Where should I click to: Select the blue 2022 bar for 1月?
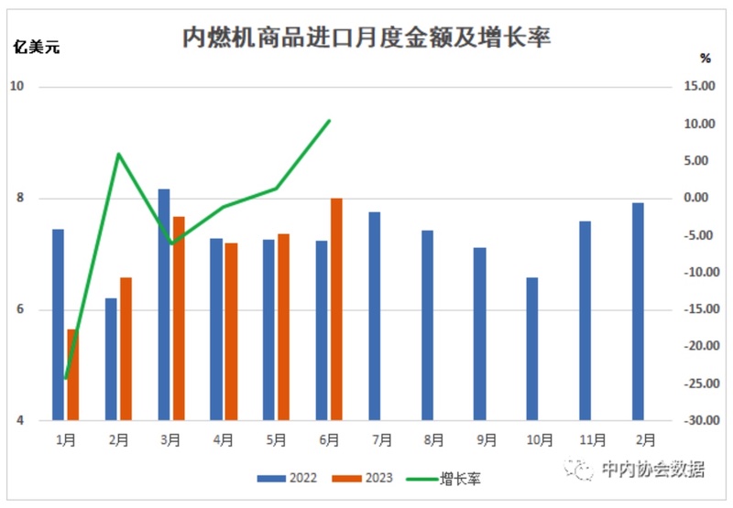[x=58, y=325]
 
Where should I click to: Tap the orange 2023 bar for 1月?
[x=72, y=374]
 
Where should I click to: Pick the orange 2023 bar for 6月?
[x=336, y=309]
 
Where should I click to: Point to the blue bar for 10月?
[x=531, y=349]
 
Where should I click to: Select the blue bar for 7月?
[x=374, y=316]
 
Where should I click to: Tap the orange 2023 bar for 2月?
[x=126, y=349]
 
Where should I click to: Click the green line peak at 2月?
[x=118, y=153]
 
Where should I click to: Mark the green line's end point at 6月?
[x=330, y=120]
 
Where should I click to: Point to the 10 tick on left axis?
[x=16, y=87]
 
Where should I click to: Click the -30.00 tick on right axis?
[x=696, y=420]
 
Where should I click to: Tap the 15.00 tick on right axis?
[x=698, y=87]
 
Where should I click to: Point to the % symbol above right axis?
[x=705, y=59]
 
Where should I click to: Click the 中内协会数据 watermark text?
[x=652, y=470]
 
